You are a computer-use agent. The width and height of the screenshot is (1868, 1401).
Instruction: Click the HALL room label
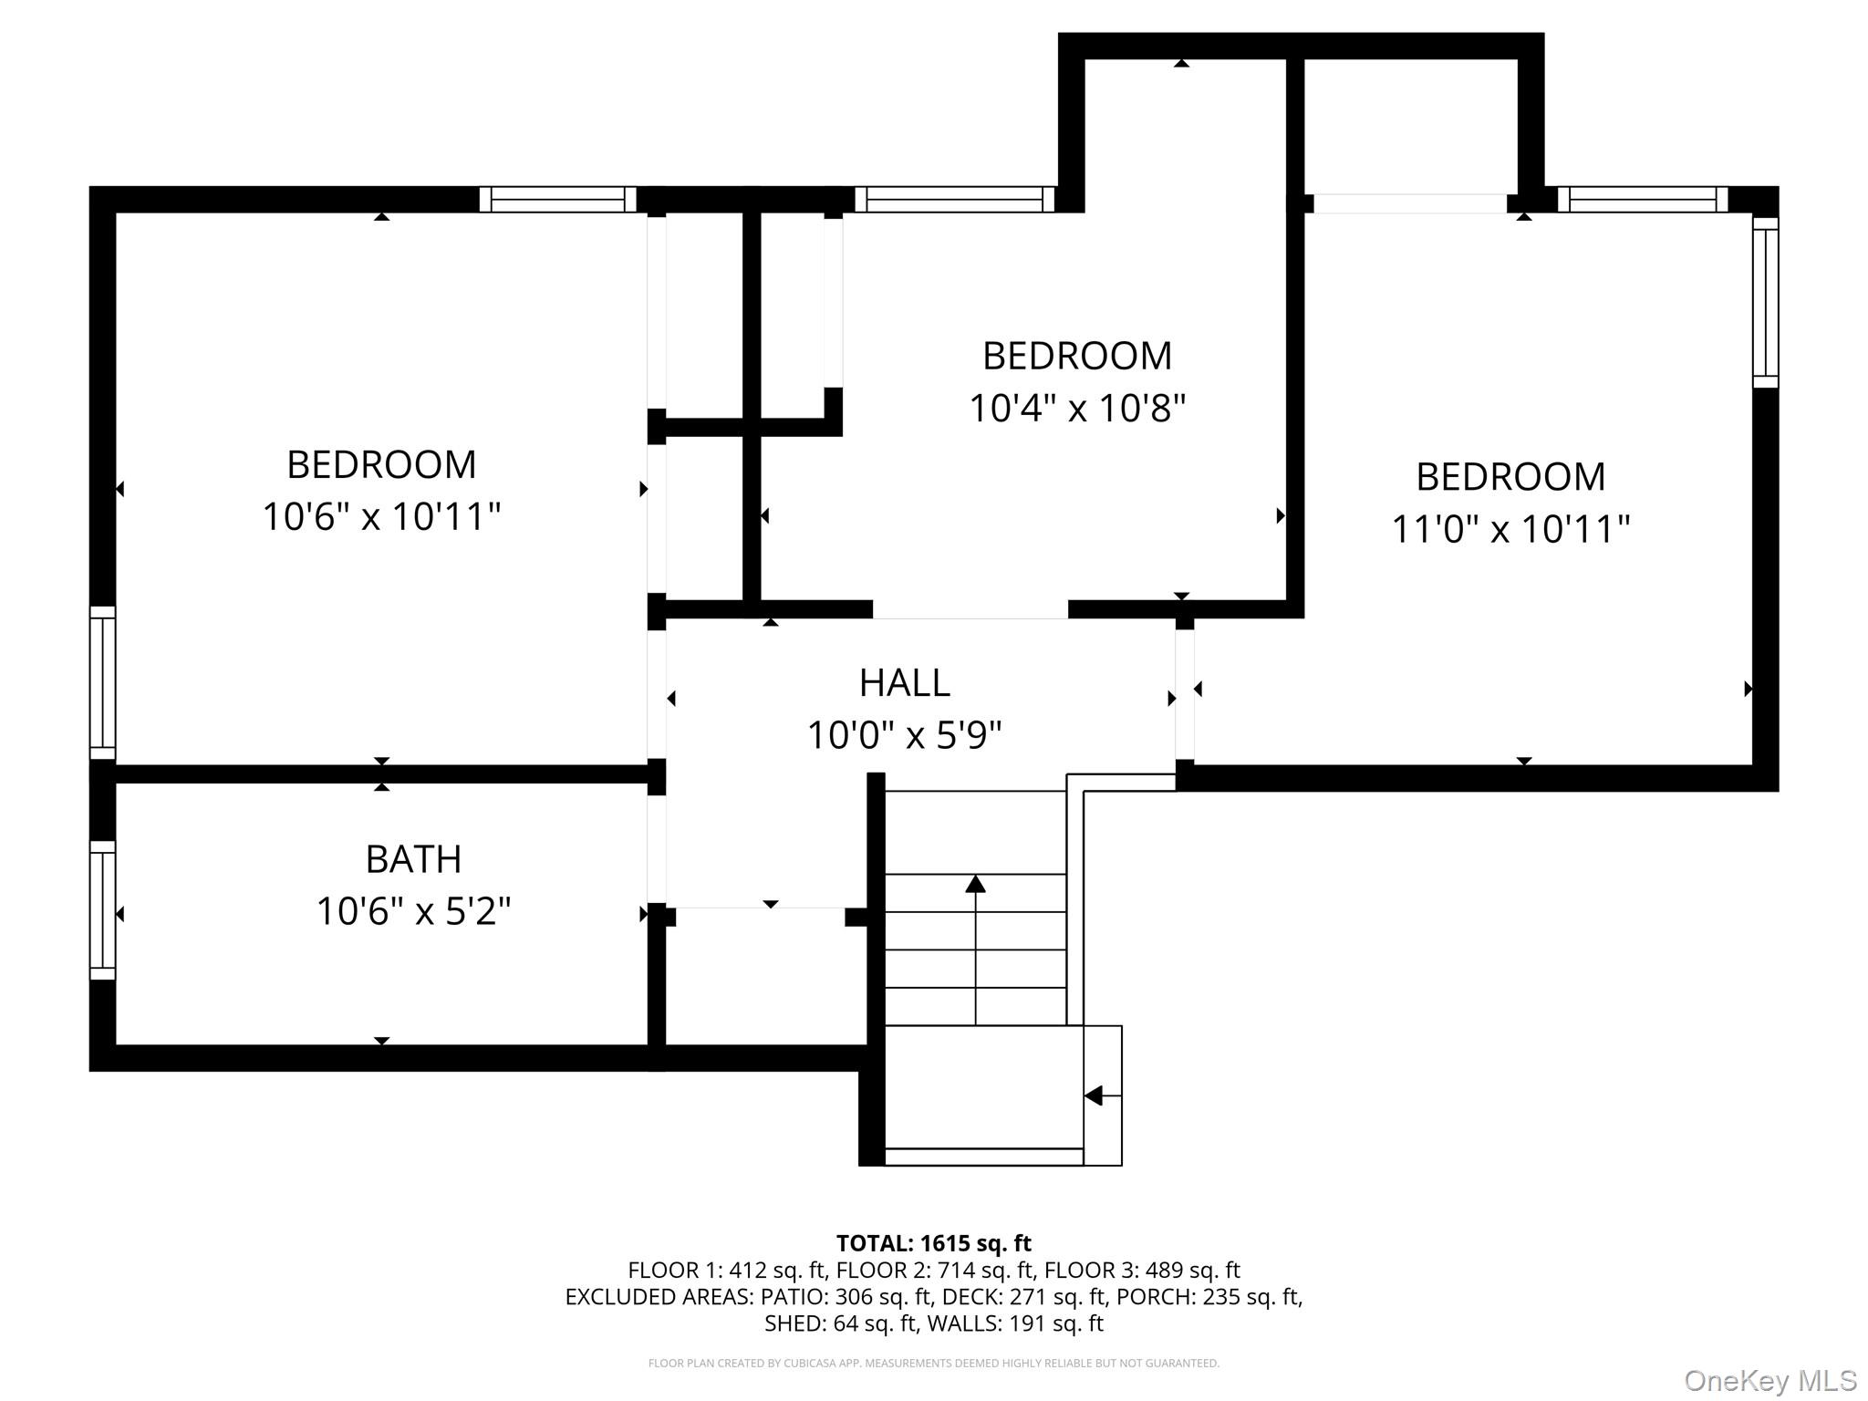[x=904, y=682]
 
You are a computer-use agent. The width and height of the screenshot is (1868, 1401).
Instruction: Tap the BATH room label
[x=413, y=859]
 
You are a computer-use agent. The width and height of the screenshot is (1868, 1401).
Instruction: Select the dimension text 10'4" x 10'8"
[x=1076, y=408]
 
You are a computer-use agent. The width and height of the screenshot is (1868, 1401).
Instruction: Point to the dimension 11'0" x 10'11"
[x=1510, y=529]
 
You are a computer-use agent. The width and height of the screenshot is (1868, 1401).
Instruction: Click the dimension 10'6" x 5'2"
[x=413, y=911]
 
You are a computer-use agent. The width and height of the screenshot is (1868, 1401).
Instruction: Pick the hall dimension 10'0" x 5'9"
[x=904, y=734]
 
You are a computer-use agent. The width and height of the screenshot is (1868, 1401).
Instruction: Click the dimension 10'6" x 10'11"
[x=381, y=517]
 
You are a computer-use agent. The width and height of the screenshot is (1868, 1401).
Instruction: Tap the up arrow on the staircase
[x=975, y=884]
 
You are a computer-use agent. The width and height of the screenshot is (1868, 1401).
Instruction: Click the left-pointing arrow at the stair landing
[x=1093, y=1095]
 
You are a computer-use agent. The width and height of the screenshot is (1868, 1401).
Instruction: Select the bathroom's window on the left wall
[x=102, y=909]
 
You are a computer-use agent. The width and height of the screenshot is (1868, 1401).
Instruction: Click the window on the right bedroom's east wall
[x=1765, y=302]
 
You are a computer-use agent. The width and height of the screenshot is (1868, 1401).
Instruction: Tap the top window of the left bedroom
[x=557, y=199]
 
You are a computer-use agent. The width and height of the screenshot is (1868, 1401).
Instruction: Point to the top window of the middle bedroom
[x=954, y=199]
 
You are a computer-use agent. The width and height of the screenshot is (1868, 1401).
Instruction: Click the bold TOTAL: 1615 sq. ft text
[x=933, y=1243]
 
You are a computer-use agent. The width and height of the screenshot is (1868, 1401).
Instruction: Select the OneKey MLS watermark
[x=1769, y=1380]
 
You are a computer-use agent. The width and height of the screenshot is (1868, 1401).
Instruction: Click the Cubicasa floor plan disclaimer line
[x=933, y=1364]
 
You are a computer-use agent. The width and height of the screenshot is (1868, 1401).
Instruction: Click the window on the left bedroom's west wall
[x=102, y=682]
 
